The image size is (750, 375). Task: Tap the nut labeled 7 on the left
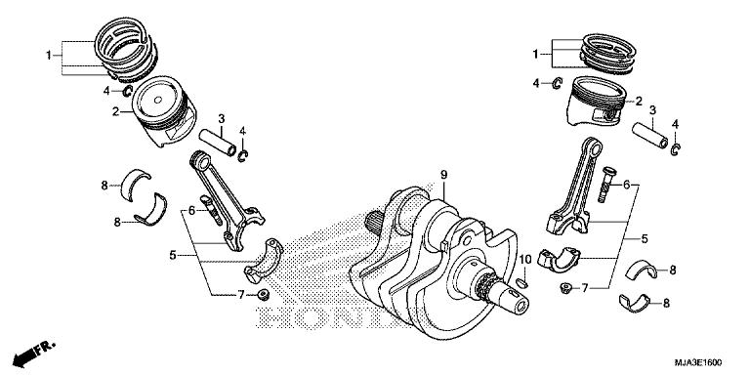coord(263,294)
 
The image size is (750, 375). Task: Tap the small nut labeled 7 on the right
coord(566,288)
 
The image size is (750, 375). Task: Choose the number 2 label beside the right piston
coord(639,100)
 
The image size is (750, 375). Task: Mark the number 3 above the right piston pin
coord(651,110)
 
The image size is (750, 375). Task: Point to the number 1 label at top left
coord(46,56)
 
